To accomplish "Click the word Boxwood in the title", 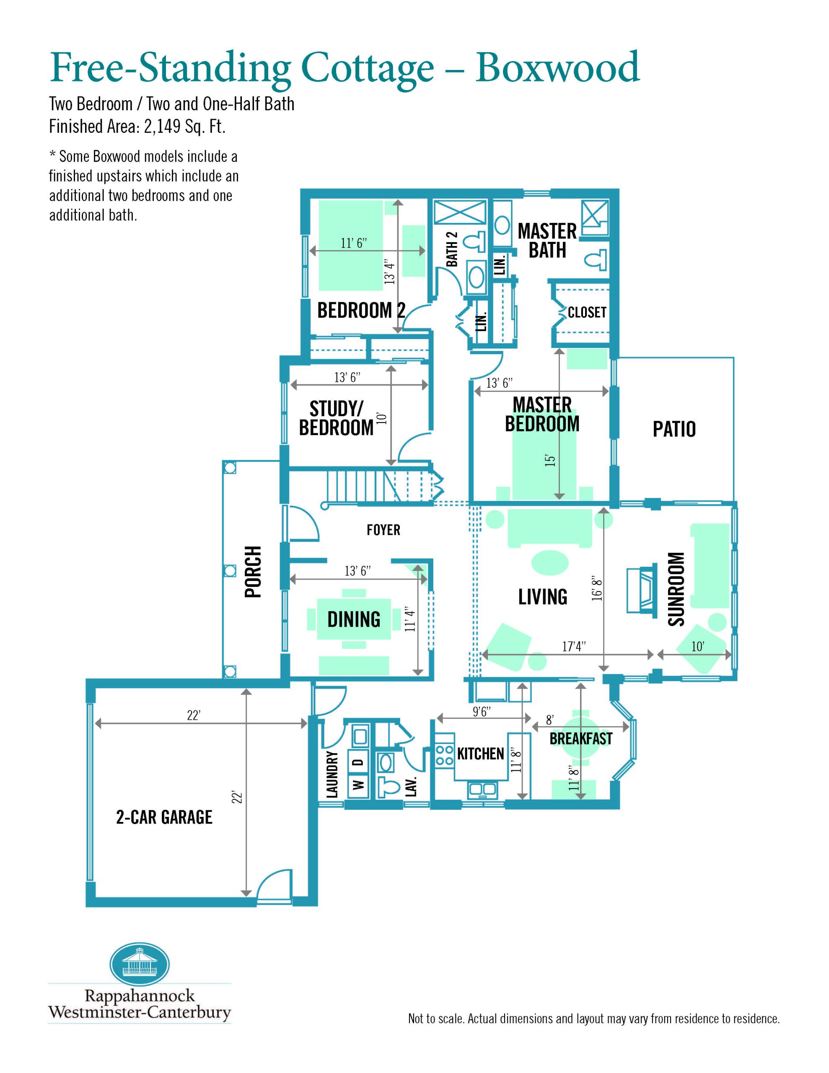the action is click(x=558, y=67).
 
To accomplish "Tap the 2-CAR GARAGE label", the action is click(x=164, y=817).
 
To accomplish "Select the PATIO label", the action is click(x=674, y=429).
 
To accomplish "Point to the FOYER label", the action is click(x=383, y=530).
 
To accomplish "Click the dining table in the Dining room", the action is click(x=354, y=619).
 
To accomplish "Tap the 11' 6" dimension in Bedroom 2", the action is click(x=354, y=243).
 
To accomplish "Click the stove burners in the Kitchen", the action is click(x=445, y=755).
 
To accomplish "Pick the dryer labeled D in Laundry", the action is click(x=359, y=762).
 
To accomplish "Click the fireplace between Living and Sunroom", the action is click(x=642, y=590).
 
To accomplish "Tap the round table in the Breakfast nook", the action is click(x=581, y=737).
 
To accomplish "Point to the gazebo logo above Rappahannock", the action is click(x=140, y=964).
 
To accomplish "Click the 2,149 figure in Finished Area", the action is click(x=162, y=127).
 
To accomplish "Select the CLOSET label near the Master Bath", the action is click(x=587, y=312).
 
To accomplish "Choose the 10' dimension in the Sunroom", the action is click(x=697, y=647).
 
